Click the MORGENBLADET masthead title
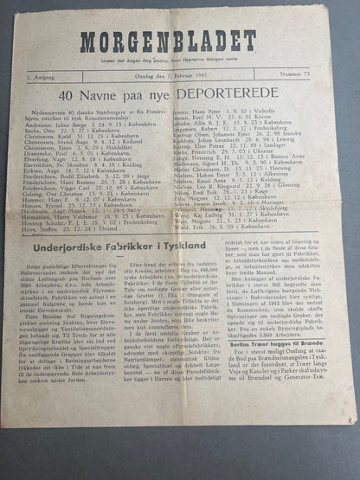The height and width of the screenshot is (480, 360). (x=168, y=41)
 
